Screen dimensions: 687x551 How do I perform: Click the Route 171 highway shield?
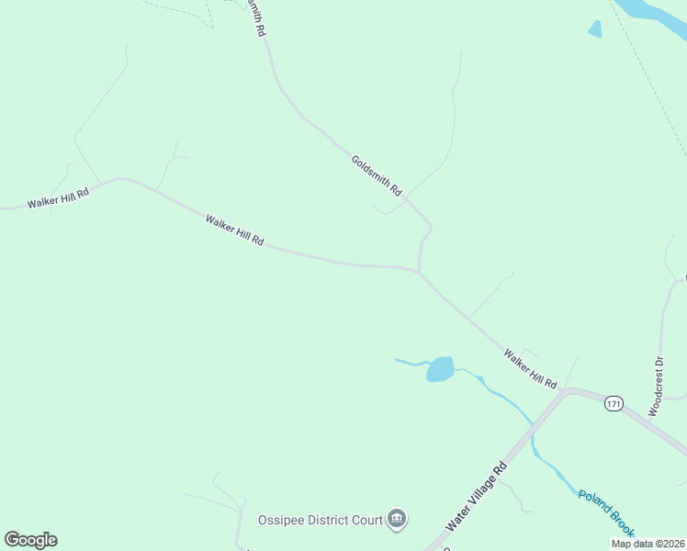pyautogui.click(x=614, y=402)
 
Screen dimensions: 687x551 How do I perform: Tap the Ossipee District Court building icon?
pyautogui.click(x=397, y=520)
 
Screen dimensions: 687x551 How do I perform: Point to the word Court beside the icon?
pyautogui.click(x=366, y=520)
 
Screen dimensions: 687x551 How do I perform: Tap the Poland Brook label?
pyautogui.click(x=606, y=513)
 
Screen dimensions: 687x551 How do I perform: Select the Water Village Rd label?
pyautogui.click(x=477, y=495)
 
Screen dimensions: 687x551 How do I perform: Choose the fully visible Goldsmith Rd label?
pyautogui.click(x=377, y=174)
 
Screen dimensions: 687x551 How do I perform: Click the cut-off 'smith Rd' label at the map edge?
pyautogui.click(x=256, y=17)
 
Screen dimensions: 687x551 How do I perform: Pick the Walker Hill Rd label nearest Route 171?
pyautogui.click(x=530, y=367)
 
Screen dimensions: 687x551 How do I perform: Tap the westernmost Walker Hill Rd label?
pyautogui.click(x=58, y=198)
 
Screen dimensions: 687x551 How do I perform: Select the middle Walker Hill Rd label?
pyautogui.click(x=235, y=231)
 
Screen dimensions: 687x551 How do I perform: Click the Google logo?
pyautogui.click(x=30, y=540)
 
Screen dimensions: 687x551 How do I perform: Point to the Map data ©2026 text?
pyautogui.click(x=648, y=544)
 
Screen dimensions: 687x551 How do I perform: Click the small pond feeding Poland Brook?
pyautogui.click(x=440, y=369)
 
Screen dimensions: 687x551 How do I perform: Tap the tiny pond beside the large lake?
pyautogui.click(x=595, y=29)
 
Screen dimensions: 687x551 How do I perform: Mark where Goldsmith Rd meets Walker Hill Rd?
pyautogui.click(x=420, y=271)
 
